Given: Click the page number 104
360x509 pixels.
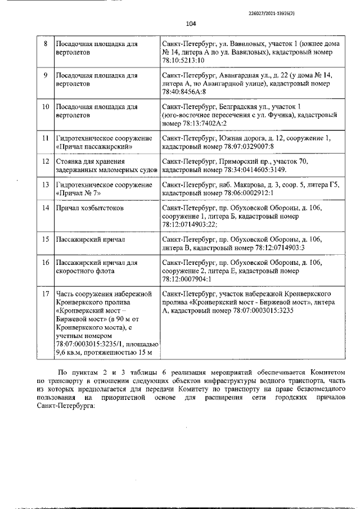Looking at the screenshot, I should (x=190, y=24).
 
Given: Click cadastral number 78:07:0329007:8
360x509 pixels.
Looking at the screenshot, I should (x=242, y=146).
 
